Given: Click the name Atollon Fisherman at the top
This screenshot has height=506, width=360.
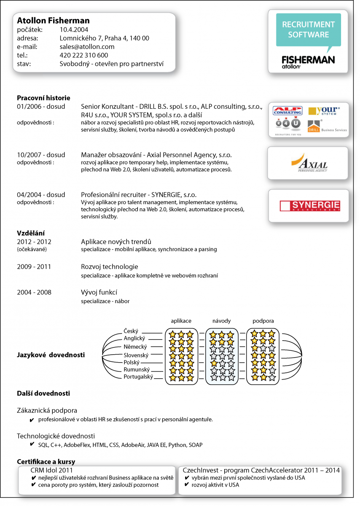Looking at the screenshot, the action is pyautogui.click(x=53, y=21).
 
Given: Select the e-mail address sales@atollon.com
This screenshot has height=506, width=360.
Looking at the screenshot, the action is pyautogui.click(x=87, y=47).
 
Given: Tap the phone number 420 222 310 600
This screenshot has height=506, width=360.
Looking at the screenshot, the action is pyautogui.click(x=84, y=55).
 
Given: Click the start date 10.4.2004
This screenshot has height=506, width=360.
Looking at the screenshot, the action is pyautogui.click(x=74, y=30).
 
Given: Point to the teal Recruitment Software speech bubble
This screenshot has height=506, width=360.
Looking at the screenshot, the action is pyautogui.click(x=308, y=30).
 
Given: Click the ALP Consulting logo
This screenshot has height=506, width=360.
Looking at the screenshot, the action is pyautogui.click(x=287, y=110).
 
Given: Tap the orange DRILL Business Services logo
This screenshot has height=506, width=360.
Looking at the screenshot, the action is pyautogui.click(x=327, y=126).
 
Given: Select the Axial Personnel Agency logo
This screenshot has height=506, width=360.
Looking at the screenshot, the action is pyautogui.click(x=309, y=163).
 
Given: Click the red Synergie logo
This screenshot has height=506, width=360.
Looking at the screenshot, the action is pyautogui.click(x=310, y=206).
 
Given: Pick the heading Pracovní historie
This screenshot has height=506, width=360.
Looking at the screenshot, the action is pyautogui.click(x=43, y=98).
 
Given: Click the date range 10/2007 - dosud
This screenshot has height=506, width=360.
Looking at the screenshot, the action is pyautogui.click(x=41, y=155).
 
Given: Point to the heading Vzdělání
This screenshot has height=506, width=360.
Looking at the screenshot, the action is pyautogui.click(x=31, y=233).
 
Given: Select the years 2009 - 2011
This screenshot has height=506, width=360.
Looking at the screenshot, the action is pyautogui.click(x=34, y=267).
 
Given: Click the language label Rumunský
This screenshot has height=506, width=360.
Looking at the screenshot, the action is pyautogui.click(x=137, y=369).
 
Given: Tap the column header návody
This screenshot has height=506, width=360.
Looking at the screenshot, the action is pyautogui.click(x=222, y=321).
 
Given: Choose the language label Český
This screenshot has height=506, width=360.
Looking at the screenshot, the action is pyautogui.click(x=131, y=331).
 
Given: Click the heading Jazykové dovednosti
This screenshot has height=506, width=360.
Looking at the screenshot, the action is pyautogui.click(x=51, y=355).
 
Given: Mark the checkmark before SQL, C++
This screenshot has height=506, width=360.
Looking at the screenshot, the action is pyautogui.click(x=32, y=444).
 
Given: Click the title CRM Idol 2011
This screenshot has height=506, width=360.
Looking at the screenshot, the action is pyautogui.click(x=51, y=470).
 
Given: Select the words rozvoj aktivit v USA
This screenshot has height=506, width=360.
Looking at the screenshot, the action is pyautogui.click(x=215, y=485).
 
